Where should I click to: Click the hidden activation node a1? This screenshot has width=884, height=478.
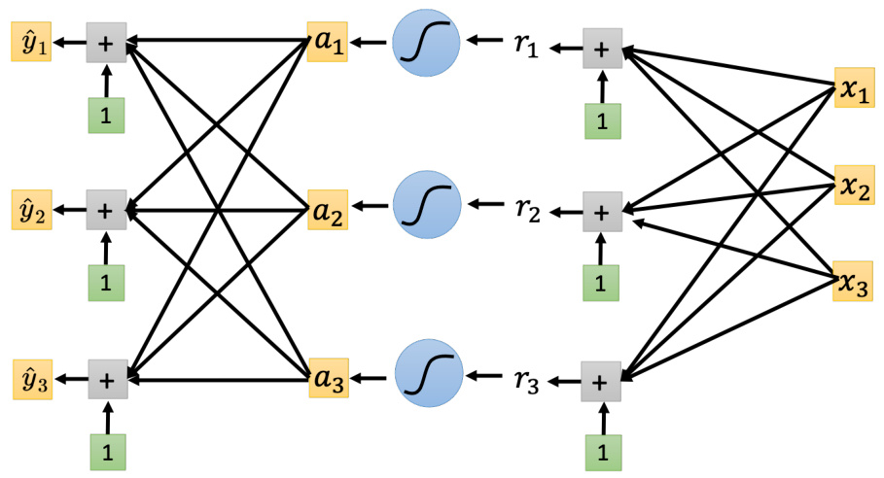325,44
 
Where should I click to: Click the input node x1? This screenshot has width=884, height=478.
852,89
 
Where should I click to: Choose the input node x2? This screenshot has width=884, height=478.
852,186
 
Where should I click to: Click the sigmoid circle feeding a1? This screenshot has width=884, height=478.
425,44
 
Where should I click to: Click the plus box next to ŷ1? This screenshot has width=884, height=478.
106,43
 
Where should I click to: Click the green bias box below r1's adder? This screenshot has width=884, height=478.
601,121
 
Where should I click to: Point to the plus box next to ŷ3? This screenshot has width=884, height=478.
107,377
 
